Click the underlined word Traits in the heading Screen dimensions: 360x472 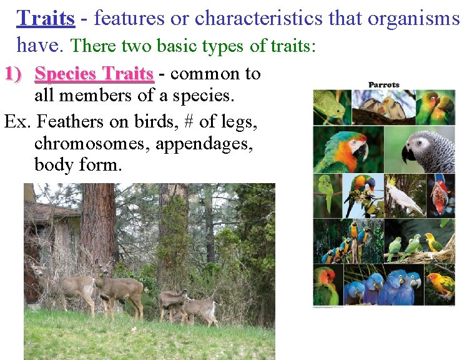tap(46, 18)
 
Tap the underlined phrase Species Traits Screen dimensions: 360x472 tap(94, 74)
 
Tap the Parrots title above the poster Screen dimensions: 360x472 tap(384, 85)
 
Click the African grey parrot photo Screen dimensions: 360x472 tap(428, 150)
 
